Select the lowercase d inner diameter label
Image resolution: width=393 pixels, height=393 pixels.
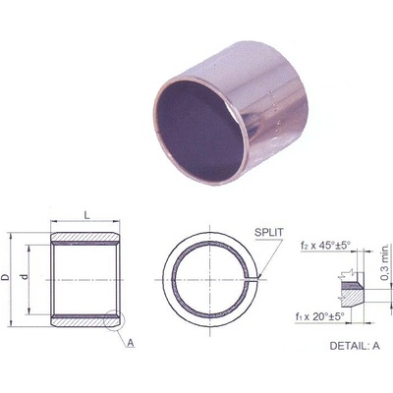point(36,278)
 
